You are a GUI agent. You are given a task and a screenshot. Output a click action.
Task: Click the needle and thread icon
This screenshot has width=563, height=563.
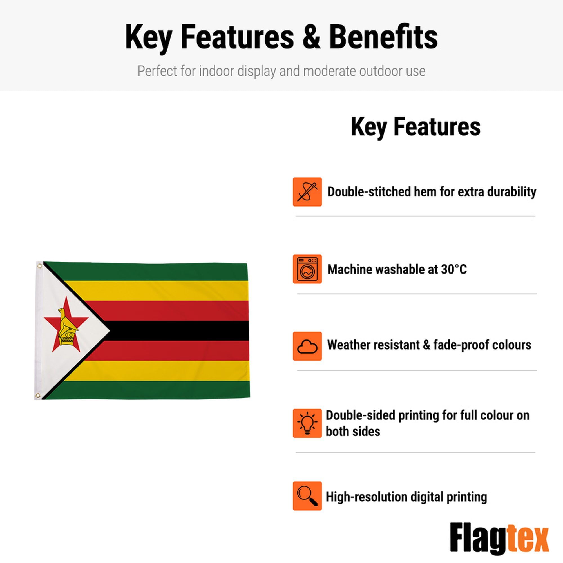pyautogui.click(x=307, y=192)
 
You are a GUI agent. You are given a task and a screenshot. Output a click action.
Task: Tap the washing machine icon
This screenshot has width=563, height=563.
pyautogui.click(x=307, y=269)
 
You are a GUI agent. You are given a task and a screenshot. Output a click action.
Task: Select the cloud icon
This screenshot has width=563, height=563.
pyautogui.click(x=307, y=346)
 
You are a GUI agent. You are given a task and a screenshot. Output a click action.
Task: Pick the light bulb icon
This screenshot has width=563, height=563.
pyautogui.click(x=307, y=423)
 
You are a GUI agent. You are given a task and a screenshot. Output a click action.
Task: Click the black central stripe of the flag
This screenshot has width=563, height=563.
pyautogui.click(x=179, y=331)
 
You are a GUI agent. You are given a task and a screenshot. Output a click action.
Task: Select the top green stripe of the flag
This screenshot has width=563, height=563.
pyautogui.click(x=151, y=271)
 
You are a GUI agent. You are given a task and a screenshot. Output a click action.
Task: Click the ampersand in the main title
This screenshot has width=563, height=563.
pyautogui.click(x=312, y=37)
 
